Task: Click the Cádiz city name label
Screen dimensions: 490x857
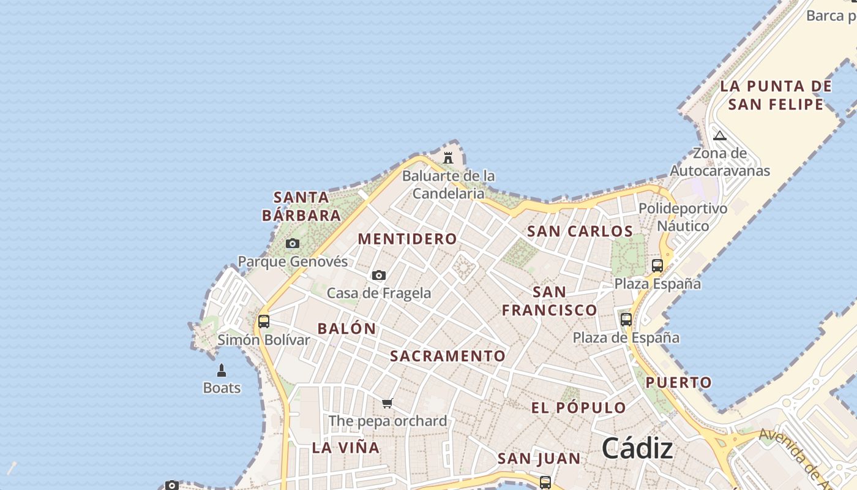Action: coord(637,448)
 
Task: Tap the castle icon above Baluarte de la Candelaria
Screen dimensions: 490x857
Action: coord(448,158)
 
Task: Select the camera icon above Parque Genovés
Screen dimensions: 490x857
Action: coord(293,244)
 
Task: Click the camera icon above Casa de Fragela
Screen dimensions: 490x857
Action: coord(379,276)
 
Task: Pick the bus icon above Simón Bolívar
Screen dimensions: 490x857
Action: coord(264,321)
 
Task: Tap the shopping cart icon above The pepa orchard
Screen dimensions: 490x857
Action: coord(387,403)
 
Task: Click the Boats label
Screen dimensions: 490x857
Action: coord(222,388)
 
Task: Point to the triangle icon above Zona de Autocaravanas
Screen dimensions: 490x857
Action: coord(720,135)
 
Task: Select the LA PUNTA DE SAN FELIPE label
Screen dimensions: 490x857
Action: coord(776,95)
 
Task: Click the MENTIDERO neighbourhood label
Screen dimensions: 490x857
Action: coord(408,239)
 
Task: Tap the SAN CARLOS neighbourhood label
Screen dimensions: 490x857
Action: coord(580,231)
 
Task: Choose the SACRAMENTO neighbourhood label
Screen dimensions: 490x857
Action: coord(448,356)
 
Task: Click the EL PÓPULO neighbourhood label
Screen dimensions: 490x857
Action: coord(578,408)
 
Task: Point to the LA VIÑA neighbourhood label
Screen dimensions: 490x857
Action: coord(346,447)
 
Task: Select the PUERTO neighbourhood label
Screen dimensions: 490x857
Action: coord(679,383)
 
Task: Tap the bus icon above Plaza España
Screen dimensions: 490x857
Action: coord(657,266)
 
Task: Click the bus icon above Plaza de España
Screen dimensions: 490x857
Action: coord(626,319)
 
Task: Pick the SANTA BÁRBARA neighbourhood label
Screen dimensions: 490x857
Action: coord(301,206)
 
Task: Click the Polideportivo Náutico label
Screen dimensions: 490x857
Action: coord(683,217)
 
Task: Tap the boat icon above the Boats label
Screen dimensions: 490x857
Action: coord(222,371)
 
